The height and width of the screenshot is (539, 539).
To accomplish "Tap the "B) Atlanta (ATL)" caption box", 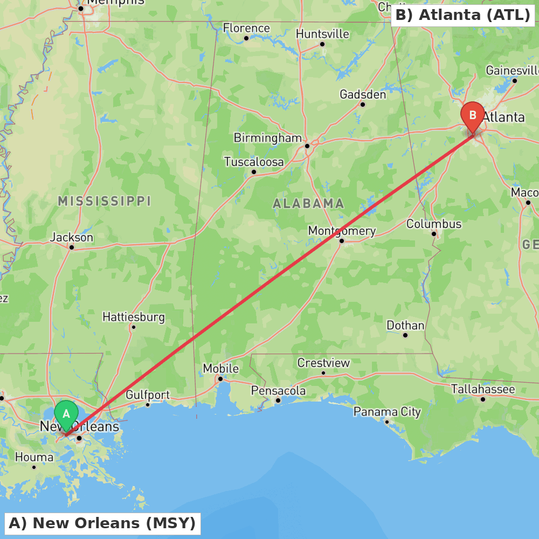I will pos(462,15).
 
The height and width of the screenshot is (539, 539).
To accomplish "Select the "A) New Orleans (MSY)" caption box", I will pos(102,523).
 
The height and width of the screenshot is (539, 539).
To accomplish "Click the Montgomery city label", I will pos(342,231).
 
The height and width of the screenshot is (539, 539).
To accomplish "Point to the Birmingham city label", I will pos(267,138).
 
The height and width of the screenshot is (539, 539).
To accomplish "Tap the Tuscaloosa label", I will pos(254,162).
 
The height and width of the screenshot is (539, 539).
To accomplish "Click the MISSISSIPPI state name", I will pos(105,202).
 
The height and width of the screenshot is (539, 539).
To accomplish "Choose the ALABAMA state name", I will pos(308,203).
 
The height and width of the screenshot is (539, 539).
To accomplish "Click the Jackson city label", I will pos(72,237).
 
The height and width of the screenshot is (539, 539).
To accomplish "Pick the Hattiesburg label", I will pos(134,316).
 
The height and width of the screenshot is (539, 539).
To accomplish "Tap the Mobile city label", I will pos(220,369).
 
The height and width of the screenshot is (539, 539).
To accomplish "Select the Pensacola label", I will pos(279,391).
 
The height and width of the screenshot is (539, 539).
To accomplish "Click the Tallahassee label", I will pos(483,389).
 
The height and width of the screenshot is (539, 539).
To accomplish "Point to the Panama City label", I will pos(387,412).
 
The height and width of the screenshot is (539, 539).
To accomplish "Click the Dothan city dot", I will pos(405,335).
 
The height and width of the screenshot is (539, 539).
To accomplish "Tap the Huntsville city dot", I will pos(322,44).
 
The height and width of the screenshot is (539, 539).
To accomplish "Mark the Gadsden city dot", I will pos(363,105).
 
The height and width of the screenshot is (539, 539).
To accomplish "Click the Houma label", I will pos(34,458).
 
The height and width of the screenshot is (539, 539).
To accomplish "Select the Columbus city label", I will pos(434,224).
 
